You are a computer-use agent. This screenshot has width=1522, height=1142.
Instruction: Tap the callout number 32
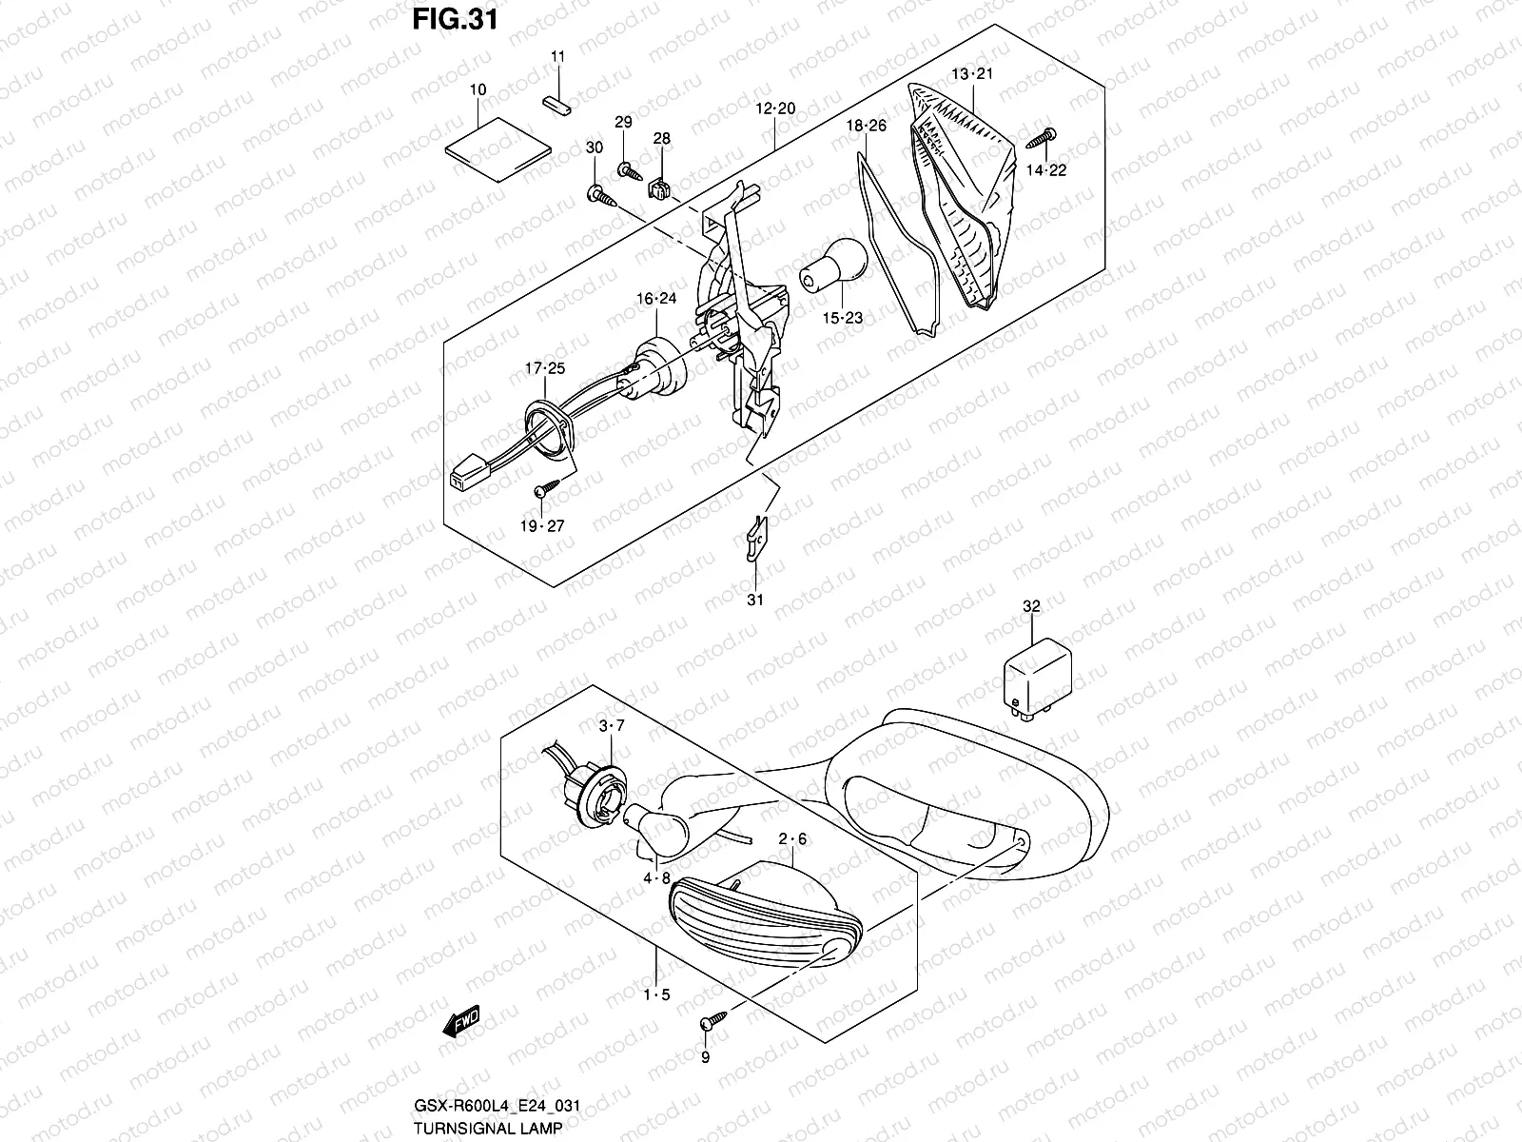point(1031,605)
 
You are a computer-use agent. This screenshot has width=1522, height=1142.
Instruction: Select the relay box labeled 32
point(1038,676)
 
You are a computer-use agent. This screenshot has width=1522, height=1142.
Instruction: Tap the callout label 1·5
point(655,995)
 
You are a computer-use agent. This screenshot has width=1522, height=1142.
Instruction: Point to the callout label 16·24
point(656,298)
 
